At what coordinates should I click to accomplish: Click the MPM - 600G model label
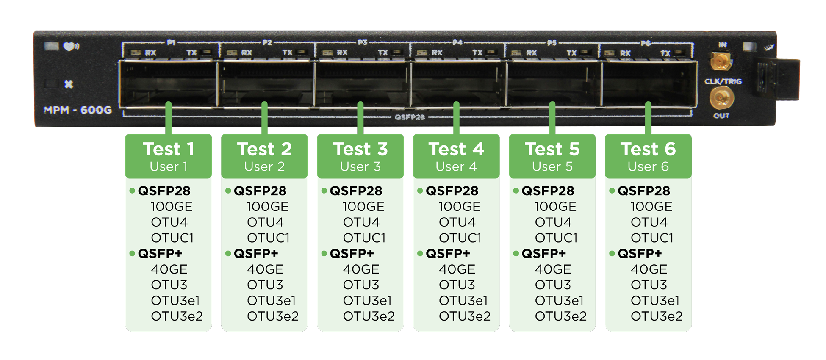coord(78,110)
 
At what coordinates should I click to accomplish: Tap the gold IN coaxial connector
coord(721,61)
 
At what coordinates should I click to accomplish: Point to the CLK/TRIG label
coord(723,81)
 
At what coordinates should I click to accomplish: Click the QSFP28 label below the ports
coord(410,117)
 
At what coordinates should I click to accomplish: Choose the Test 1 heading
coord(169,149)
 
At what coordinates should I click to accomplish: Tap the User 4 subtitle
coord(456,166)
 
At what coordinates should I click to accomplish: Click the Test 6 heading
coord(648,149)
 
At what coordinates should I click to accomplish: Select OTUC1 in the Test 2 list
coord(268,238)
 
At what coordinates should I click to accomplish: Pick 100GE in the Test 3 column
coord(363,206)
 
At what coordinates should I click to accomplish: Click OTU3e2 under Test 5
coord(561,316)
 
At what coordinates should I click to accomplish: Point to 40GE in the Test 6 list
coord(649,269)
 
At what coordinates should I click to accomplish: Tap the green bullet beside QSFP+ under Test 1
coord(132,253)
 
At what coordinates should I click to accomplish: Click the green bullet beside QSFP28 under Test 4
coord(420,191)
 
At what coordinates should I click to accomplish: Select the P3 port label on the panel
coord(362,42)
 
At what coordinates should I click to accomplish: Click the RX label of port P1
coord(150,53)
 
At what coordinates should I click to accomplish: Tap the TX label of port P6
coord(665,53)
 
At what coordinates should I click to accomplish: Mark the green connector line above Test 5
coord(552,118)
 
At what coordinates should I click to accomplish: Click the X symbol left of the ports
coord(69,84)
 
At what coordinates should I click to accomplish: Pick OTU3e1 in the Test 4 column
coord(463,300)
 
